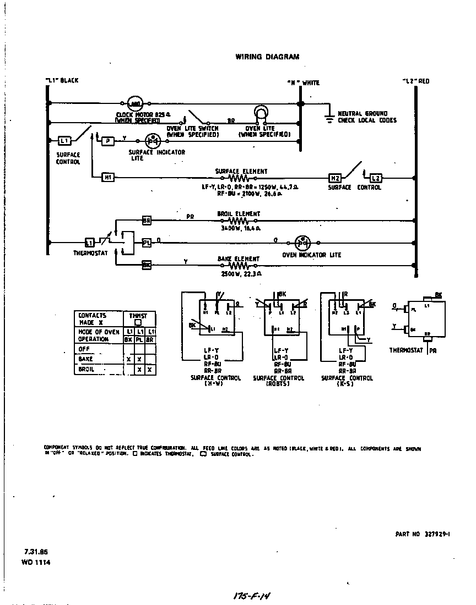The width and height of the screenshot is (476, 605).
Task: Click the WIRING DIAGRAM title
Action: pos(267,57)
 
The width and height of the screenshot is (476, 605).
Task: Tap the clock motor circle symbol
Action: pos(135,103)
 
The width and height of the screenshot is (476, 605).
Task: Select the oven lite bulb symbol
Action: pos(259,114)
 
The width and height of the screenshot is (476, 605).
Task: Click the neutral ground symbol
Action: pos(329,117)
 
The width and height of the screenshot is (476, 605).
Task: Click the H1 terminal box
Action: pos(108,177)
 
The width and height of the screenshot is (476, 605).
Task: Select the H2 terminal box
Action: pos(335,178)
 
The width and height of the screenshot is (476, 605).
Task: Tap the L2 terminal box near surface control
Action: pos(375,178)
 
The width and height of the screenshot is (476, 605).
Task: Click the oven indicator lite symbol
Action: pos(302,242)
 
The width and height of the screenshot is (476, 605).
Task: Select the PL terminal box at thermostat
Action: pos(147,242)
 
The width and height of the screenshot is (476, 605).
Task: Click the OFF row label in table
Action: pos(84,349)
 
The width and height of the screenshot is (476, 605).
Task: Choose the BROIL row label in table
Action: pos(86,369)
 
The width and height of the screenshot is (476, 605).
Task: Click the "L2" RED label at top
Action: pos(416,81)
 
